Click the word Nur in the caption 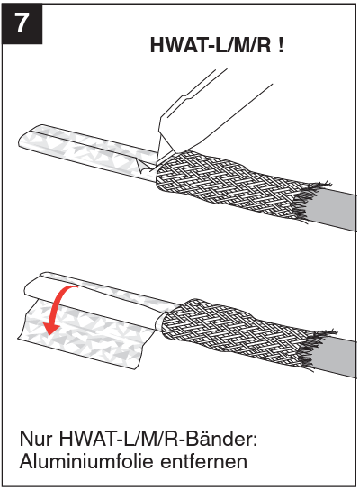34,440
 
